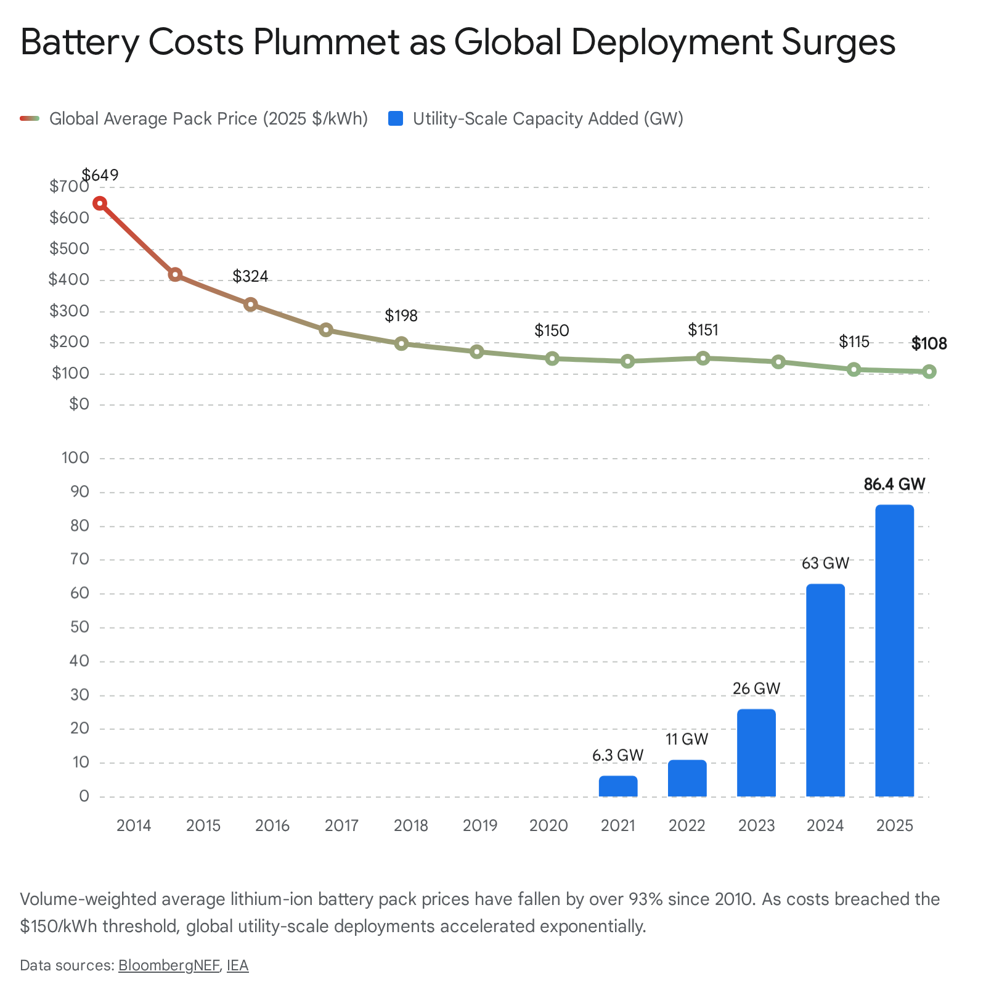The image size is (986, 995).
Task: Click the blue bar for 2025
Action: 894,650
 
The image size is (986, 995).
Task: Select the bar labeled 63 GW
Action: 825,690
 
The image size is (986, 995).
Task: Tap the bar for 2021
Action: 618,786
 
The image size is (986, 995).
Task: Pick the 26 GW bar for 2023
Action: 756,753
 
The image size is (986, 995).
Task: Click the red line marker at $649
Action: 100,203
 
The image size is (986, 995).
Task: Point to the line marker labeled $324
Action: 250,304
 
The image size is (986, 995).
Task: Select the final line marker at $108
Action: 929,371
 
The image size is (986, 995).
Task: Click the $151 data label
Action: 703,330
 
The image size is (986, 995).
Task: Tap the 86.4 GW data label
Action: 894,485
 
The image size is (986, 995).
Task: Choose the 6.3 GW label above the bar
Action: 618,755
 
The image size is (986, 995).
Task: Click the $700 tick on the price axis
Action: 69,186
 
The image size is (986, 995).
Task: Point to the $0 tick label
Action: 79,404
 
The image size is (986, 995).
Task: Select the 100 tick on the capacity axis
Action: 75,458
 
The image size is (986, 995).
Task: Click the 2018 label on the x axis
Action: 411,825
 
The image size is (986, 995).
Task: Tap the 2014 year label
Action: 134,825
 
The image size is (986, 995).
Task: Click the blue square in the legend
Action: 396,118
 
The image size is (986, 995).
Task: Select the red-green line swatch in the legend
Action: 30,118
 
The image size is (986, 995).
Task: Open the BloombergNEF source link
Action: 169,965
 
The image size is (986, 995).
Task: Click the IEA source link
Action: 238,965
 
